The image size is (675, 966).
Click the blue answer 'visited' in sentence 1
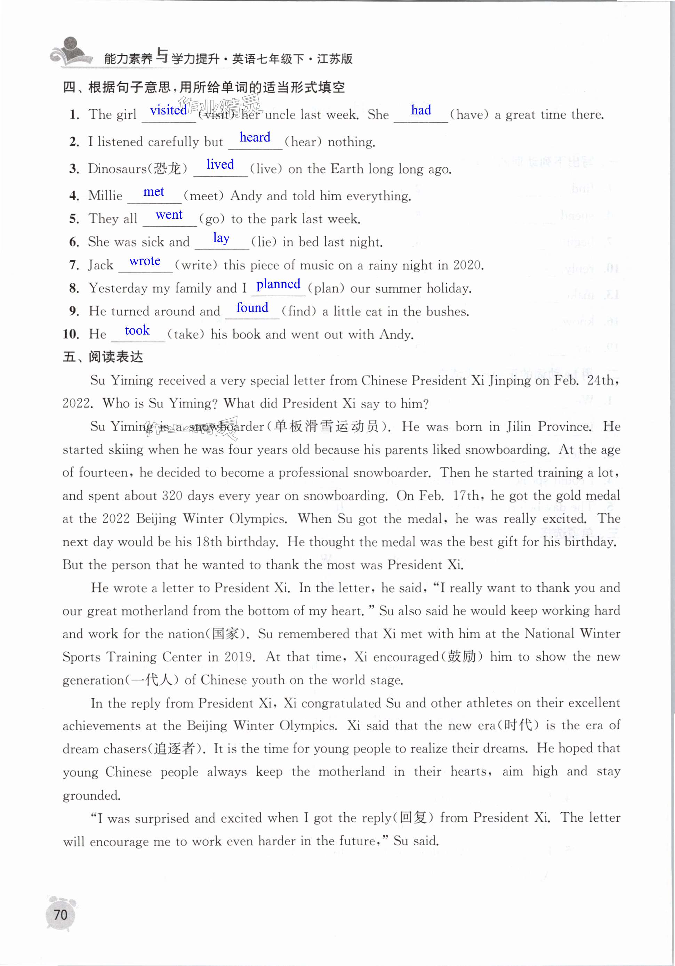[168, 110]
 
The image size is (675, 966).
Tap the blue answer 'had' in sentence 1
[421, 110]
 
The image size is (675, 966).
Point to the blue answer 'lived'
[220, 164]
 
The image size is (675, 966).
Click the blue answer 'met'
[154, 192]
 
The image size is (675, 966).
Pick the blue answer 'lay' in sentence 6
[222, 238]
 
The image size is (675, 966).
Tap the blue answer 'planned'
[278, 284]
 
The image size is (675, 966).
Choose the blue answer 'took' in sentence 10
[137, 330]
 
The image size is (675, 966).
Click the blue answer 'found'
[252, 307]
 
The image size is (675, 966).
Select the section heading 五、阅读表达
[103, 357]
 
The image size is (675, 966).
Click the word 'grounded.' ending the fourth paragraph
[91, 796]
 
